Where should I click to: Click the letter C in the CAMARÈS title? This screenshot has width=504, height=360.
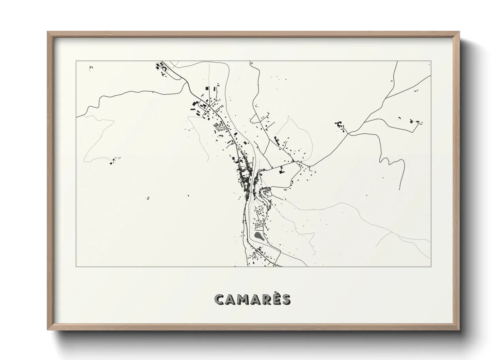click(x=220, y=300)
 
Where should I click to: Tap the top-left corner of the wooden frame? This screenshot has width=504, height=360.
click(x=48, y=32)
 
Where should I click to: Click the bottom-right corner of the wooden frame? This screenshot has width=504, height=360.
click(x=459, y=330)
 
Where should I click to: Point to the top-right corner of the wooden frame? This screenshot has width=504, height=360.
click(x=459, y=32)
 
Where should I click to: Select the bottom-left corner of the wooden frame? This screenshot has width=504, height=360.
click(x=48, y=330)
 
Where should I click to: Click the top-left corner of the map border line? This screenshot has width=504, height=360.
click(x=76, y=61)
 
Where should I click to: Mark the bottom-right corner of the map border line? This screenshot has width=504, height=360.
click(x=431, y=266)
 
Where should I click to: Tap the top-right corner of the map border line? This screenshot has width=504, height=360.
click(x=431, y=61)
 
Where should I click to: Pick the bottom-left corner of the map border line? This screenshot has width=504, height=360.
click(x=76, y=266)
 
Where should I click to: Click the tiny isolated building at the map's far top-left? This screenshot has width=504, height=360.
click(x=91, y=68)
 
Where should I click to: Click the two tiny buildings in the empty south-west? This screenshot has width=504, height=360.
click(x=148, y=198)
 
